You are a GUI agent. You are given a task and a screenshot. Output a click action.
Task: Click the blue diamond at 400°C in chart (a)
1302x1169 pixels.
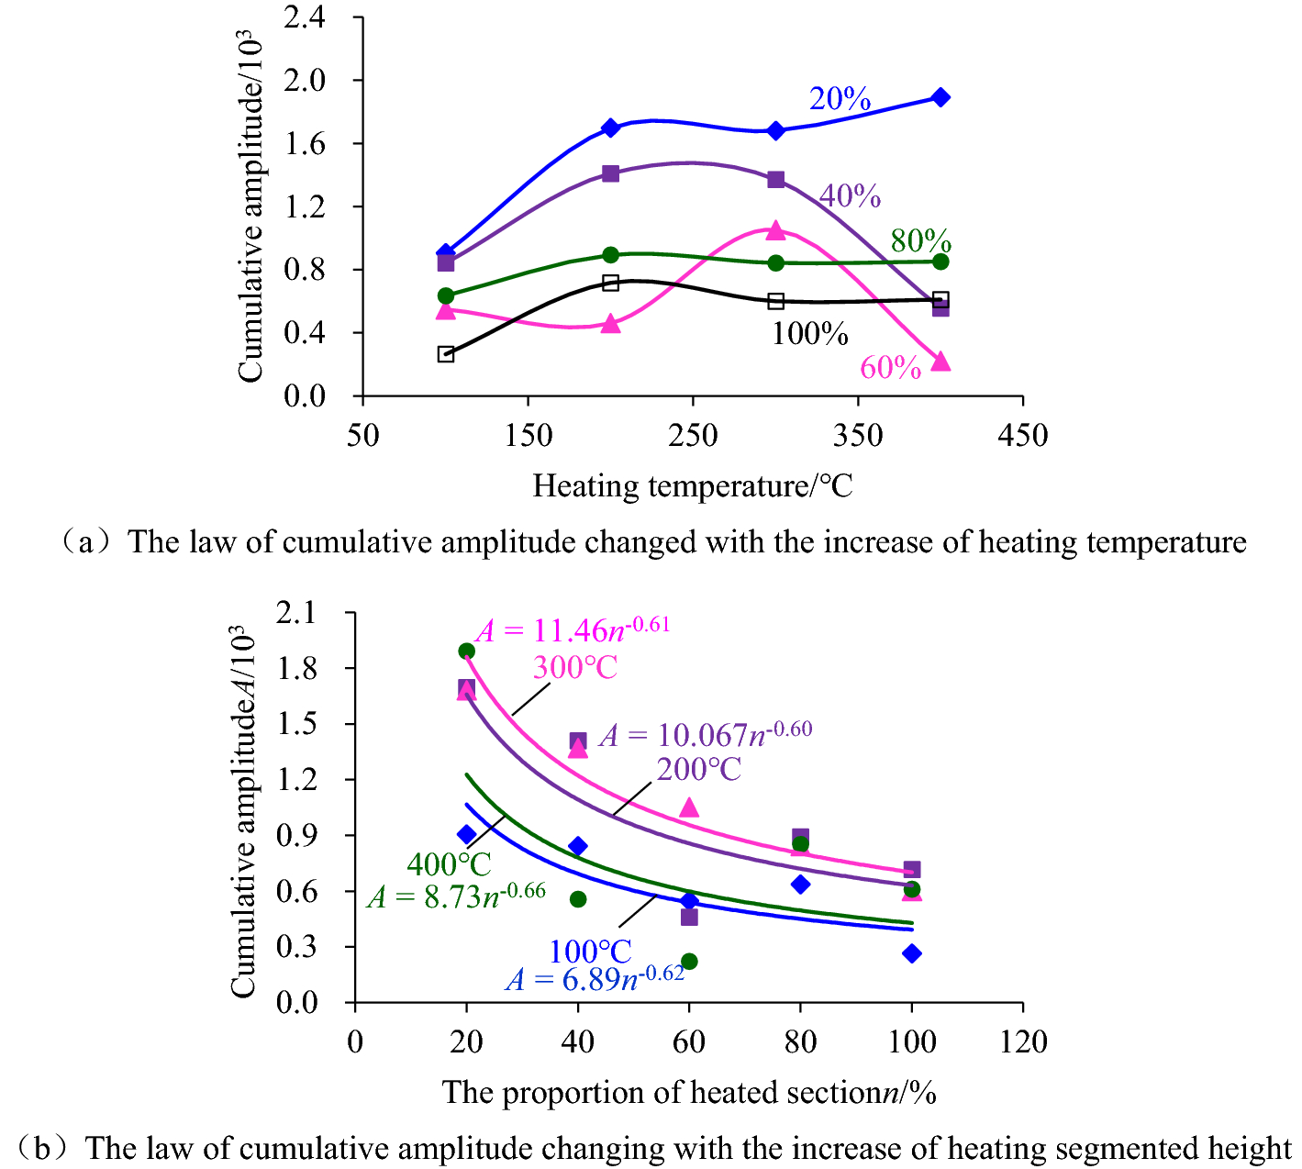click(x=940, y=97)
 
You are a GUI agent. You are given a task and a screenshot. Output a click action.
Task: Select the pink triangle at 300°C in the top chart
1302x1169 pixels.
click(x=775, y=230)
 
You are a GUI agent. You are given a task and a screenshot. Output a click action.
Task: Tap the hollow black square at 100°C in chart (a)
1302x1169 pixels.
click(x=446, y=354)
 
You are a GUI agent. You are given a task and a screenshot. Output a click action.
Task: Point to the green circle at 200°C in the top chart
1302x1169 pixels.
click(x=610, y=254)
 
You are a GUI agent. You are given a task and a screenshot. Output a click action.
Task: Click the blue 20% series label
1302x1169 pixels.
click(x=839, y=99)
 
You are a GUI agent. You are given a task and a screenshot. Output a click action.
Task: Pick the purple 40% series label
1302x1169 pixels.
click(x=850, y=196)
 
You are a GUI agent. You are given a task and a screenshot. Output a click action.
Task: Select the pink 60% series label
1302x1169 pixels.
click(x=890, y=368)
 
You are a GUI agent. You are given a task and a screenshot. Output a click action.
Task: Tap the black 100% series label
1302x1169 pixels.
click(x=809, y=334)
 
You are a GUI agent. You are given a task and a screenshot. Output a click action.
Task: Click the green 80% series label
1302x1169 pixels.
click(x=920, y=241)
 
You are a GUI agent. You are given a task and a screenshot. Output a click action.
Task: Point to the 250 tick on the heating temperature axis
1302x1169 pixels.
click(x=693, y=435)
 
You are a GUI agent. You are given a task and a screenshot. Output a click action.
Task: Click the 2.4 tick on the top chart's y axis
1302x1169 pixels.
click(x=305, y=17)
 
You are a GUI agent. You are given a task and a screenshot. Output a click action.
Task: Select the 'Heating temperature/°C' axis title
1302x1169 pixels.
click(x=693, y=485)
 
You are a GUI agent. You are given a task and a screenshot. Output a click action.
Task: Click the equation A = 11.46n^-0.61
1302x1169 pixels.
click(x=572, y=629)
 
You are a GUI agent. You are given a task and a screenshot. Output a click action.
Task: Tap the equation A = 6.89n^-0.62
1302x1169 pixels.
click(x=595, y=978)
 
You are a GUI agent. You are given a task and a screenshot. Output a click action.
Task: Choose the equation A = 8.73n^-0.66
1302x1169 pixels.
click(x=456, y=896)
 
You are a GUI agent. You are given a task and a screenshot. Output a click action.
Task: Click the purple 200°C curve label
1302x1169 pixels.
click(x=698, y=769)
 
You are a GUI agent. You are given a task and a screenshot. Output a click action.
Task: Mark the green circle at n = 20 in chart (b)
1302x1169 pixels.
click(x=466, y=651)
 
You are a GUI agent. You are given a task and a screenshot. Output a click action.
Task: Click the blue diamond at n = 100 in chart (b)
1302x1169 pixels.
click(x=911, y=953)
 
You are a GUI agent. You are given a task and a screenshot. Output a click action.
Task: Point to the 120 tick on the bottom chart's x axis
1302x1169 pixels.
click(x=1023, y=1042)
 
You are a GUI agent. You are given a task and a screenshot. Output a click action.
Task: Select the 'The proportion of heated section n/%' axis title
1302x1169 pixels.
click(x=689, y=1093)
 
